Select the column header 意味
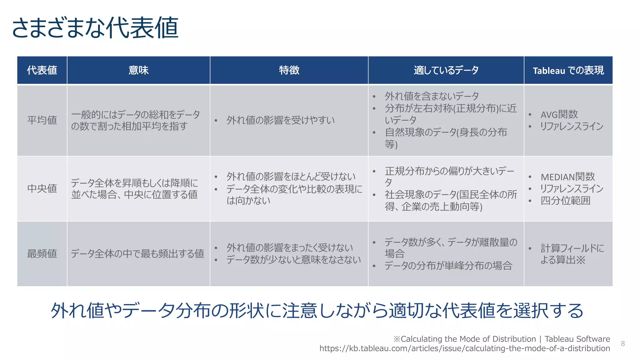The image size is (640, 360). point(138,70)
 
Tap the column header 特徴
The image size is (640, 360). point(289,70)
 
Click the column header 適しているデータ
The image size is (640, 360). point(446,70)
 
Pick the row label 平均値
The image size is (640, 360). point(42,120)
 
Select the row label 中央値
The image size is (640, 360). point(42,188)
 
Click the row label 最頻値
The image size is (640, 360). point(42,253)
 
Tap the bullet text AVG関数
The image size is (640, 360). point(559,114)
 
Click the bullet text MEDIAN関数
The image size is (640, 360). point(567,177)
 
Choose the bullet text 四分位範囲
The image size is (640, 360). point(565,201)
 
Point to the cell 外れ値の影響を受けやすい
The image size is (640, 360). point(280,120)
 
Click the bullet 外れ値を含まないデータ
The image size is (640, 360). point(432,96)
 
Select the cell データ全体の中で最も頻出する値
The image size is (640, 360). point(137,253)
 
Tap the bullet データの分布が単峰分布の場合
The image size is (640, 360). point(448,266)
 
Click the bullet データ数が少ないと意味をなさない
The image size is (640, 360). point(293,260)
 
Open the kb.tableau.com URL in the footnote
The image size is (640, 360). point(464,348)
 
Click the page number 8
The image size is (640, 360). point(623,344)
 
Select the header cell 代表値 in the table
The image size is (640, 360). point(42,70)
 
